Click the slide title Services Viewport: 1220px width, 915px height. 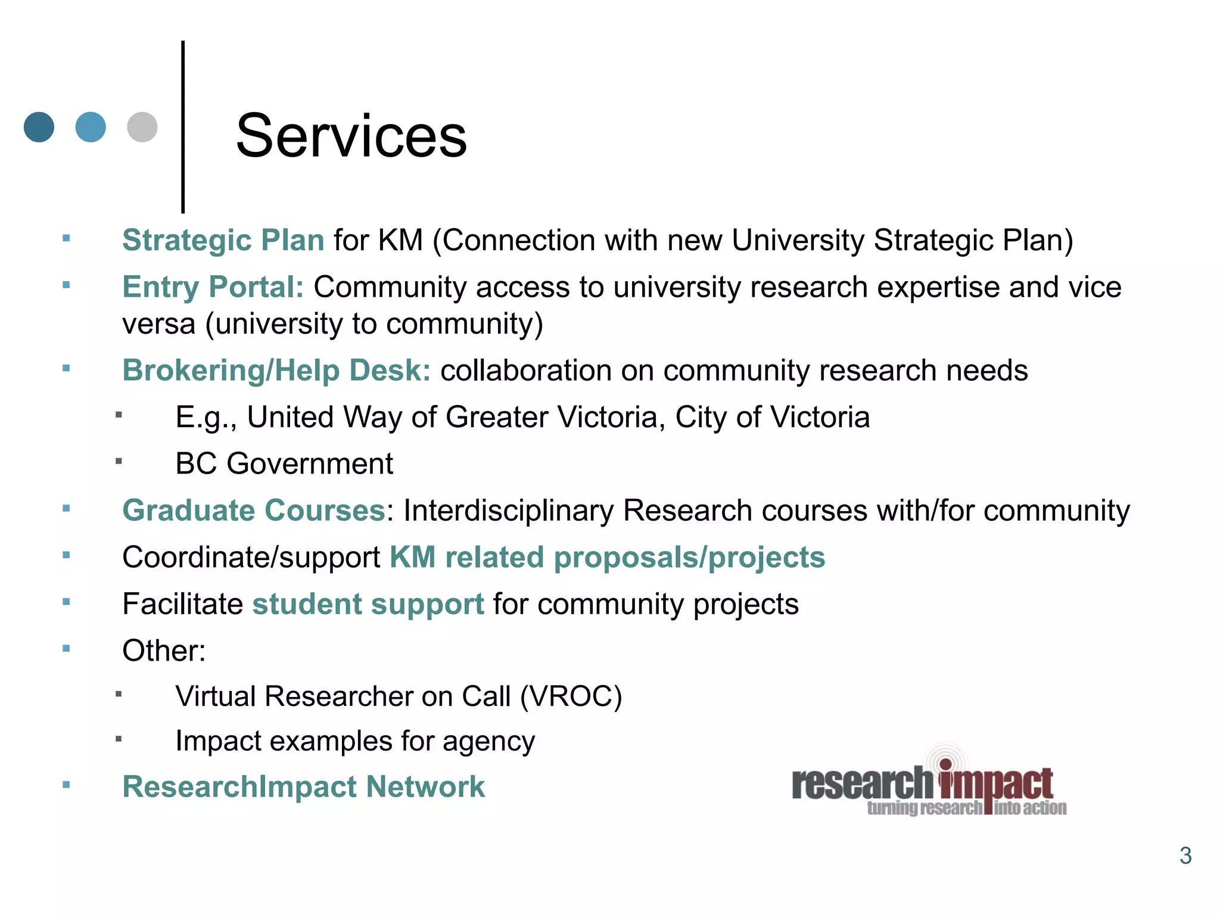[351, 136]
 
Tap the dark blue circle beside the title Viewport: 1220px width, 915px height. [39, 127]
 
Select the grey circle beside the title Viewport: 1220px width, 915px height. [142, 127]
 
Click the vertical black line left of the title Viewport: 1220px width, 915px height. [183, 126]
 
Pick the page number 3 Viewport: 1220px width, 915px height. [1185, 855]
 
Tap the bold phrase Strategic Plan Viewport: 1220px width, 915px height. [223, 240]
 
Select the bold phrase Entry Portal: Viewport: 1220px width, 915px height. [213, 287]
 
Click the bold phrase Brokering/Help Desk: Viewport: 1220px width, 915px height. [276, 370]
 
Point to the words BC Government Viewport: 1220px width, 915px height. [284, 463]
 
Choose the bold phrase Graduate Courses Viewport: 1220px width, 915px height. [254, 511]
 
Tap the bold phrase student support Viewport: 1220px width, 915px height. [368, 604]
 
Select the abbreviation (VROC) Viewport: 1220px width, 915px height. [571, 696]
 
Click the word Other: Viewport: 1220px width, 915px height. [164, 651]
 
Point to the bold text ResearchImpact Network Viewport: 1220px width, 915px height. [303, 786]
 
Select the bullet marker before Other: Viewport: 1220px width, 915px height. [66, 648]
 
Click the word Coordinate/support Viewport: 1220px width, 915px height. [251, 558]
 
